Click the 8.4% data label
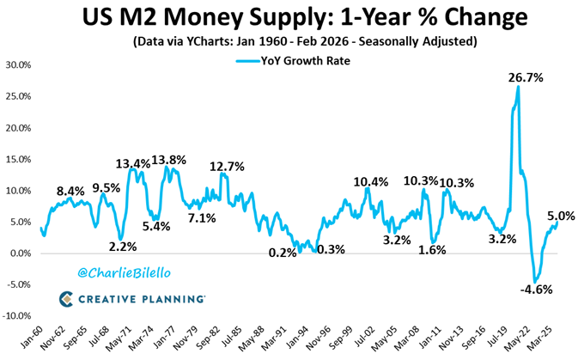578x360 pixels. click(70, 192)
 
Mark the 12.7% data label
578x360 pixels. click(228, 166)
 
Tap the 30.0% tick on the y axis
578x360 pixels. click(19, 65)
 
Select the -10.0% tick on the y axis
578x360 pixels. click(19, 316)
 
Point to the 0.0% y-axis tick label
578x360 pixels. click(21, 253)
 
